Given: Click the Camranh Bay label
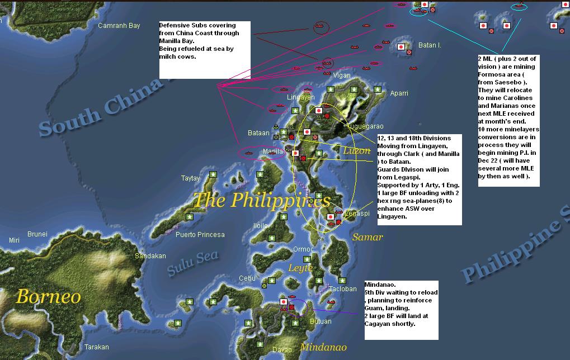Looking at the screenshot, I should coord(119,26).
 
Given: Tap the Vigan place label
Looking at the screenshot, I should coord(342,75).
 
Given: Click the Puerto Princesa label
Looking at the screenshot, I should coord(200,234).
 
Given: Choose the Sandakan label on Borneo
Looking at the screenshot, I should coord(150,256).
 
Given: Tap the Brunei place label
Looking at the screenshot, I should coord(37,234).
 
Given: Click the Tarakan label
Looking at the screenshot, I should coord(96,347).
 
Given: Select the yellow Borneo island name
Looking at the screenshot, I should coord(48,296).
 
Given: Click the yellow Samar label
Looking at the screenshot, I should coord(368,237).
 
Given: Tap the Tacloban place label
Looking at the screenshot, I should coord(342,289).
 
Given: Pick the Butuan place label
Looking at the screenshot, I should coord(320,321).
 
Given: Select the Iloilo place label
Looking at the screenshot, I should coord(260,226).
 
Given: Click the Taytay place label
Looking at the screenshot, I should coord(190,178).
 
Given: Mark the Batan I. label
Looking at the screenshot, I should coord(430,45).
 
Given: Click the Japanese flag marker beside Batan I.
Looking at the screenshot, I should coord(401,48).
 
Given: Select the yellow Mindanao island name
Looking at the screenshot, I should coord(323,347).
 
